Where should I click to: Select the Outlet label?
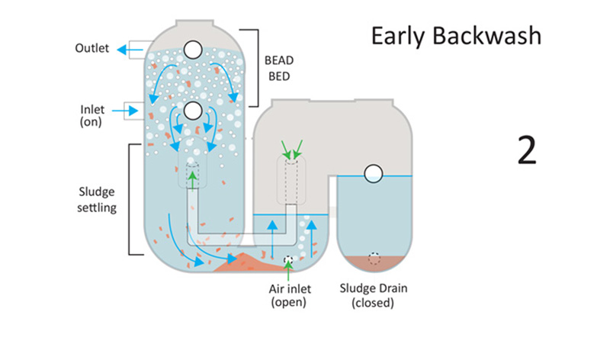click(x=91, y=49)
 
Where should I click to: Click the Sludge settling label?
click(x=98, y=199)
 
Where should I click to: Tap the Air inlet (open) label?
click(x=288, y=296)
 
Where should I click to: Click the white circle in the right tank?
click(x=374, y=174)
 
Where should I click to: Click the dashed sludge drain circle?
click(x=374, y=259)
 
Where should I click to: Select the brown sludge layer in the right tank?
click(x=374, y=265)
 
